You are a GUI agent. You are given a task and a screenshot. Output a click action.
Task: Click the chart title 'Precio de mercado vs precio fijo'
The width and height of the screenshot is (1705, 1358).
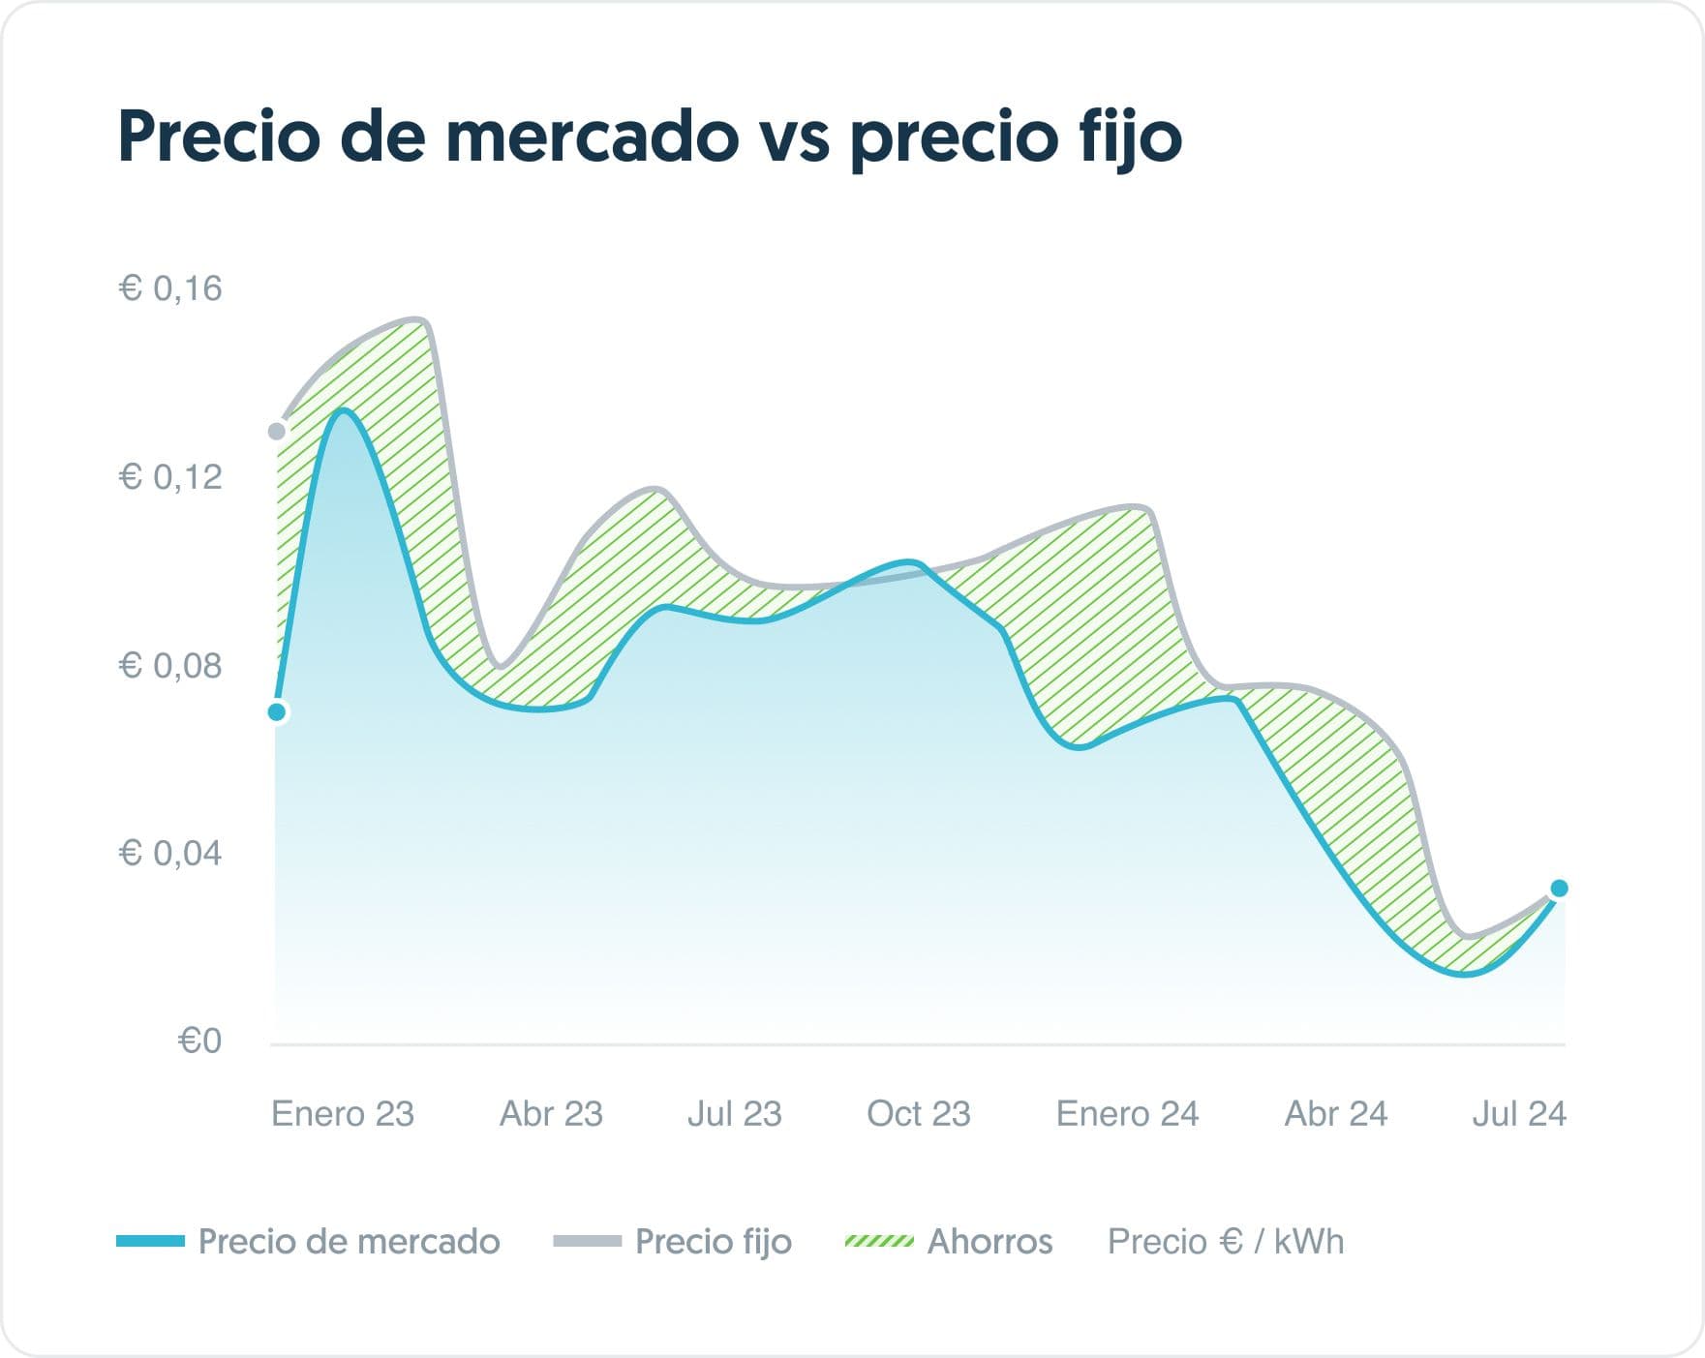click(x=649, y=137)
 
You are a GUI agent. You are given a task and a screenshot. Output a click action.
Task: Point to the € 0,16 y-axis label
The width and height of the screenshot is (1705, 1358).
click(x=170, y=288)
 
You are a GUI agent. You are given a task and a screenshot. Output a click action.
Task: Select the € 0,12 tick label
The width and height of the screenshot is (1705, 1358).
click(x=170, y=476)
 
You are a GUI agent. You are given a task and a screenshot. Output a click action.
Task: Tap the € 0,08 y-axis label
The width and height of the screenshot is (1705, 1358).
click(x=170, y=666)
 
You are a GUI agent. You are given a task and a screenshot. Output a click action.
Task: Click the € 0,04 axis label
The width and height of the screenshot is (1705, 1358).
click(x=170, y=854)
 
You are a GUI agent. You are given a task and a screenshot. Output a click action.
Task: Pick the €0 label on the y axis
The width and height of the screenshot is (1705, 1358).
click(x=199, y=1041)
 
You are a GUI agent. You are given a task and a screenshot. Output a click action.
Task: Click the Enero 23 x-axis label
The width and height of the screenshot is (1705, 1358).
click(x=343, y=1114)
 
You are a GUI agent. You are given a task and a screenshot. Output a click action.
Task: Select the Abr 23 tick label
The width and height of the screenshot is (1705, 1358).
click(x=551, y=1114)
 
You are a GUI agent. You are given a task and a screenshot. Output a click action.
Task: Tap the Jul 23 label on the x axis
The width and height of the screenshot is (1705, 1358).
click(x=734, y=1114)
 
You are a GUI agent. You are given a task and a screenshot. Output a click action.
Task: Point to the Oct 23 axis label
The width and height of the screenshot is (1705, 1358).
click(x=918, y=1114)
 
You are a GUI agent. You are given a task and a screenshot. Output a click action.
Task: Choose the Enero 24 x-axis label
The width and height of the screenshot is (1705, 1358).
click(x=1127, y=1114)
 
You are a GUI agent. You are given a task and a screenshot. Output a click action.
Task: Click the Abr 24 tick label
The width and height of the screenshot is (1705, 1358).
click(x=1336, y=1114)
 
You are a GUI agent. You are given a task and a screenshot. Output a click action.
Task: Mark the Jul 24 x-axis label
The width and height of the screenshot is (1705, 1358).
click(x=1518, y=1114)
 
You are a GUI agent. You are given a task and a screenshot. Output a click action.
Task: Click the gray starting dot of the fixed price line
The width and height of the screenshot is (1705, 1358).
click(x=277, y=431)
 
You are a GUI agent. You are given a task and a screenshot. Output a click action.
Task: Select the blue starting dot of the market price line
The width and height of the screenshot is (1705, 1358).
click(x=277, y=712)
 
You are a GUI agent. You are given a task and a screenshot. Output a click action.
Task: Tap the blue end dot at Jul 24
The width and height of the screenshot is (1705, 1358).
click(x=1559, y=889)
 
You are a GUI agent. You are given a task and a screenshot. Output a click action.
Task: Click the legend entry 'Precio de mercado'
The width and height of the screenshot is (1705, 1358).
click(x=349, y=1242)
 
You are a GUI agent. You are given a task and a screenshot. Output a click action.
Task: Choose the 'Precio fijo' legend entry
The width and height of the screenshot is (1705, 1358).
click(x=713, y=1242)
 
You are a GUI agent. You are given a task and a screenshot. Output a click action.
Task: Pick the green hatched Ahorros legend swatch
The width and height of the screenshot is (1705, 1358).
click(x=879, y=1242)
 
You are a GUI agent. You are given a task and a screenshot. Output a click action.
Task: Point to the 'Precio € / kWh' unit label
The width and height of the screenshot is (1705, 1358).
click(x=1226, y=1242)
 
